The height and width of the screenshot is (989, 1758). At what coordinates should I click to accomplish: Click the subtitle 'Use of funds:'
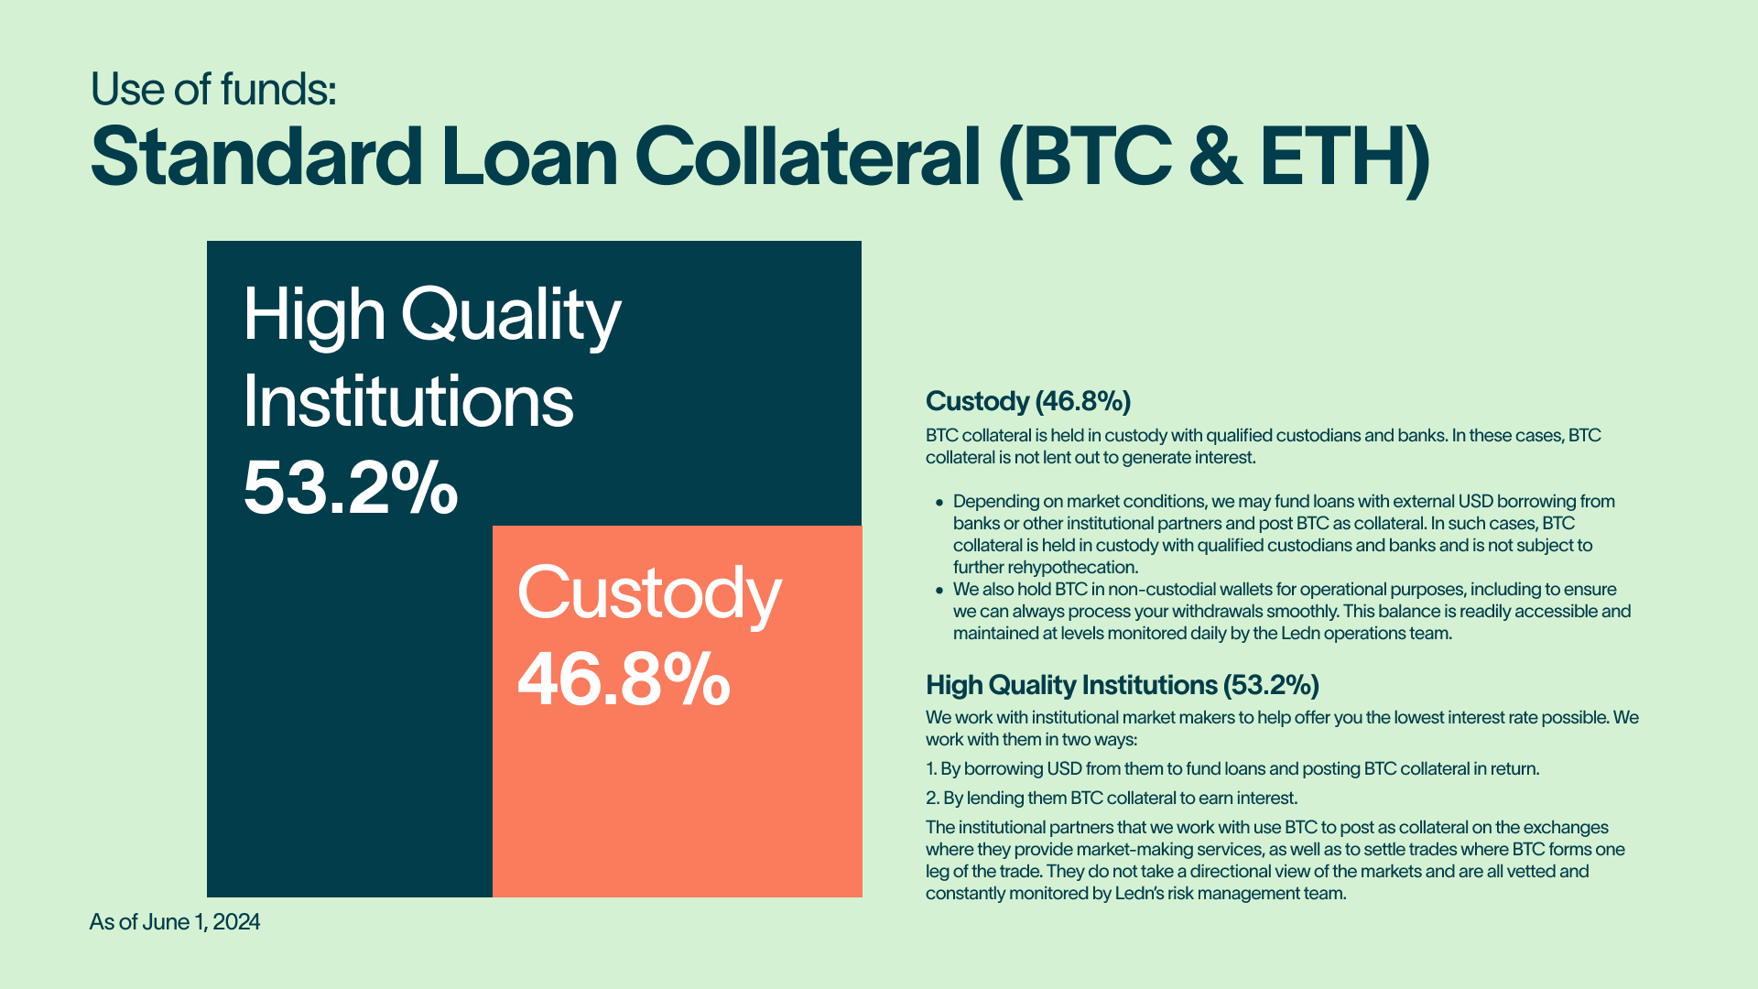click(x=213, y=90)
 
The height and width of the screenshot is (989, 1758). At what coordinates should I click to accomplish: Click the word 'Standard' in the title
click(x=256, y=157)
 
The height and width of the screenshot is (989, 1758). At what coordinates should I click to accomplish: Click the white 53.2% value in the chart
click(x=351, y=488)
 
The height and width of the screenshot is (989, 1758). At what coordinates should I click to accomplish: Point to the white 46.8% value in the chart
click(x=624, y=679)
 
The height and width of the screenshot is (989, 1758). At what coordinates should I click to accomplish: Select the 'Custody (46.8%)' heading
click(x=1028, y=402)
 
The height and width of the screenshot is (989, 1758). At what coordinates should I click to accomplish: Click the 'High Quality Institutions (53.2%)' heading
click(x=1123, y=686)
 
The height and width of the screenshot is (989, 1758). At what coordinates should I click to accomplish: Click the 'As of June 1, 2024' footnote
click(x=175, y=922)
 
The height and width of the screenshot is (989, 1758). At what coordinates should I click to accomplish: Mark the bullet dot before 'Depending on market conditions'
click(x=939, y=503)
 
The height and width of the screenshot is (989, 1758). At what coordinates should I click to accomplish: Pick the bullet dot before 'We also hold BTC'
click(x=939, y=591)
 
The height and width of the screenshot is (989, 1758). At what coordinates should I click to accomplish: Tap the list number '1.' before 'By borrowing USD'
click(x=931, y=769)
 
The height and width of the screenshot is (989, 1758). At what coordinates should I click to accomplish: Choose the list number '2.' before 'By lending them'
click(x=933, y=799)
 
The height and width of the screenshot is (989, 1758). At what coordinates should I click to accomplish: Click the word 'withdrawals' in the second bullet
click(x=1216, y=611)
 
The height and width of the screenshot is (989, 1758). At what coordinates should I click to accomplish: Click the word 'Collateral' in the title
click(x=808, y=157)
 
